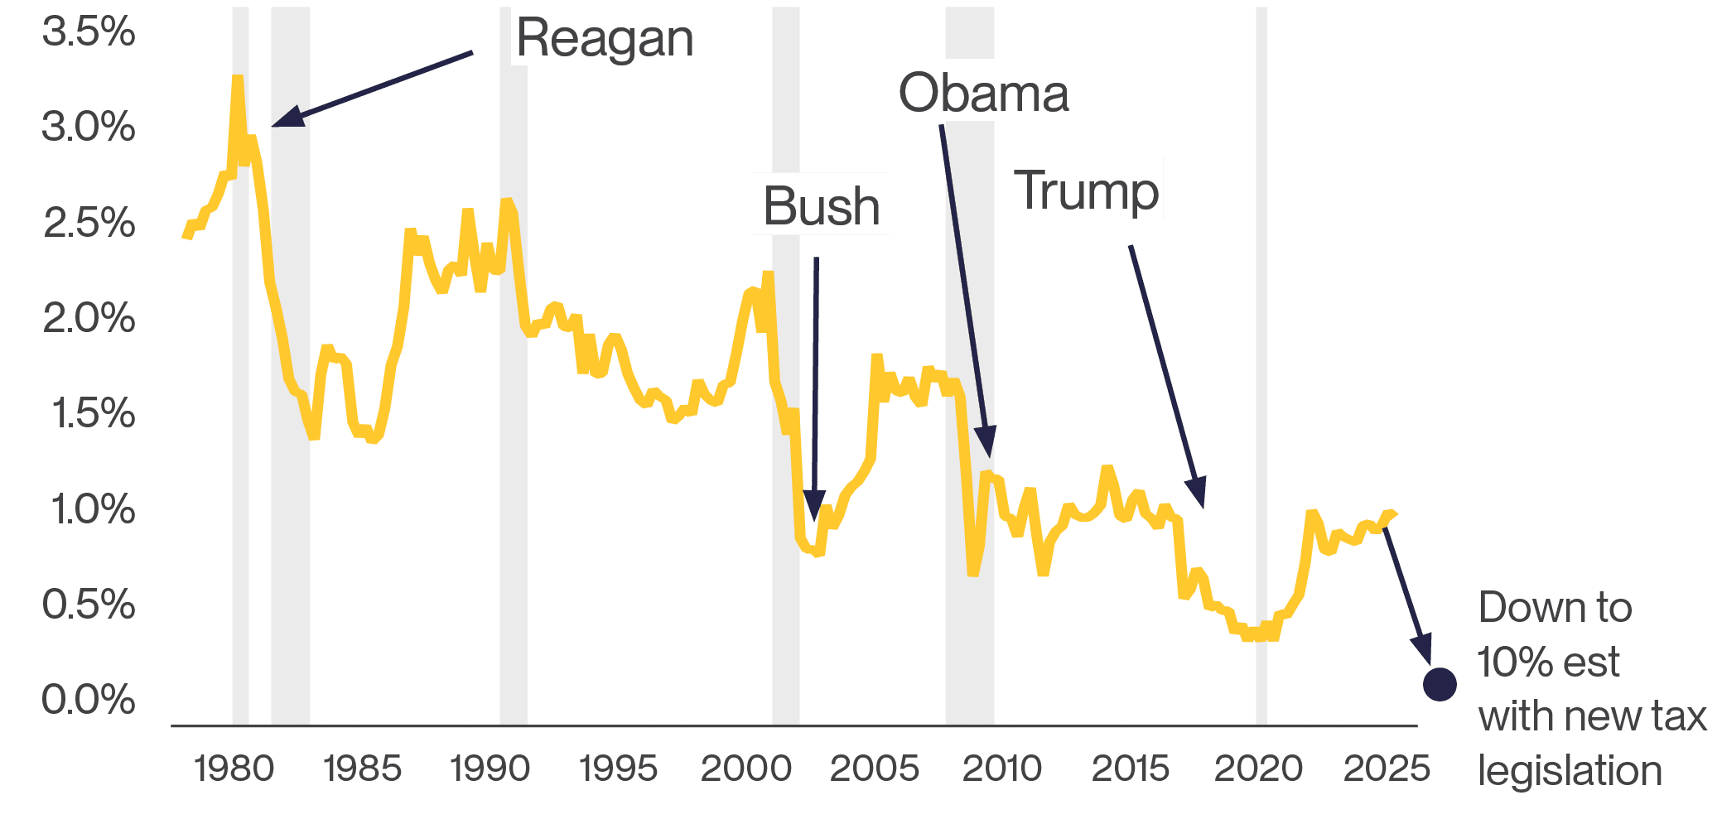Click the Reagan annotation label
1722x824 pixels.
[605, 37]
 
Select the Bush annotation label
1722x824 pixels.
[821, 205]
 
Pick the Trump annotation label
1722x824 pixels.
[1086, 190]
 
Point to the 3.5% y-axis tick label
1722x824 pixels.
[89, 32]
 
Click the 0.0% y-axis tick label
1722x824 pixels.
[89, 700]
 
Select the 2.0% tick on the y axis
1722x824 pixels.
[89, 318]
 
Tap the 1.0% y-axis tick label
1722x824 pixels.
[92, 508]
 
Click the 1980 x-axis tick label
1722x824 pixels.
[234, 769]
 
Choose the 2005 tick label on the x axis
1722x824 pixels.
[874, 769]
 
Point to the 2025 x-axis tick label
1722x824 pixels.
[1387, 769]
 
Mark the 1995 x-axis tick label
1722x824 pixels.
[618, 769]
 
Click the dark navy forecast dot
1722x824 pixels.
[1440, 684]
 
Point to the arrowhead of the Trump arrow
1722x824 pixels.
[1198, 494]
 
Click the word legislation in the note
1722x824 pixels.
[1570, 770]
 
